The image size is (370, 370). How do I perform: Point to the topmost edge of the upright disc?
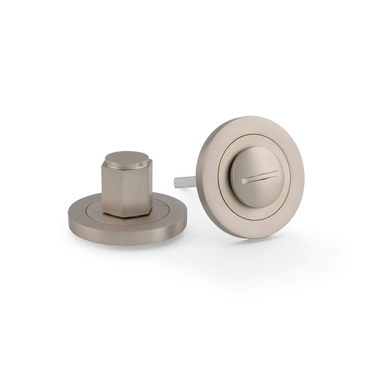[248, 117]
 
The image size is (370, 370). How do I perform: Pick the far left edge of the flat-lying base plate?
[69, 216]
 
